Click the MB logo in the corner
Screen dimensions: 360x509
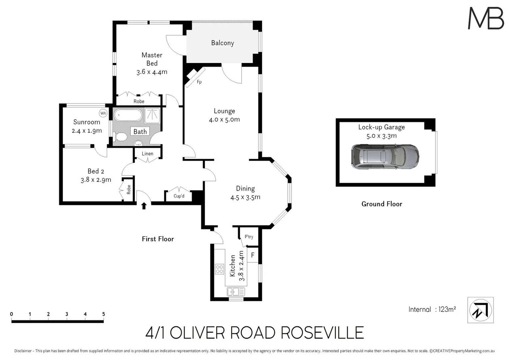pos(486,18)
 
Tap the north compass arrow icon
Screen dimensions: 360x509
pos(480,310)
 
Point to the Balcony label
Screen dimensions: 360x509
pos(222,43)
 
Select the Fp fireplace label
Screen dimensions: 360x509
pos(199,82)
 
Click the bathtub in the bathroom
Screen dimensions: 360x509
pos(128,116)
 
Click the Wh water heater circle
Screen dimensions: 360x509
pos(103,113)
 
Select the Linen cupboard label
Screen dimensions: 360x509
pos(147,154)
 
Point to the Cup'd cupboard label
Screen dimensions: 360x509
pos(179,196)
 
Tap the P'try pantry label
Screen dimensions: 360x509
pos(249,237)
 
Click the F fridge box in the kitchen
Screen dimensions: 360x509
pos(253,255)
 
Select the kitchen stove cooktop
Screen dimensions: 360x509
pos(219,269)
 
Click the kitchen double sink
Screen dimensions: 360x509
pos(236,292)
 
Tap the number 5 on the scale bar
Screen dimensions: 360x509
pos(104,314)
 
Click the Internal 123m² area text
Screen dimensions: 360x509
pos(432,309)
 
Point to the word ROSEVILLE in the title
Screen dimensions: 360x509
pos(322,333)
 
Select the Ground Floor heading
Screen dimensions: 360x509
pos(382,204)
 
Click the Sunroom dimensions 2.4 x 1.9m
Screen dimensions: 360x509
pos(87,131)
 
